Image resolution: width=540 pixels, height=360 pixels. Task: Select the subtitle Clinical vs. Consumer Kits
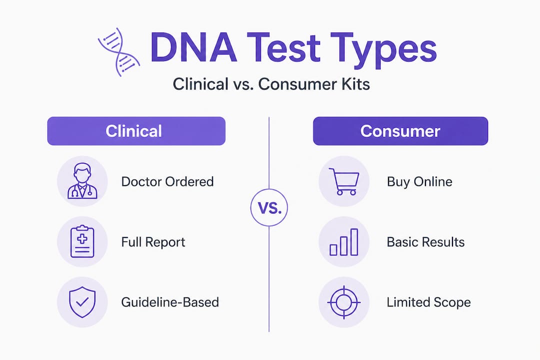[271, 84]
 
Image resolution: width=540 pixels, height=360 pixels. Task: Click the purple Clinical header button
[136, 131]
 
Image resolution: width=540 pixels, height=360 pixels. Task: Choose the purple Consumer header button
[400, 131]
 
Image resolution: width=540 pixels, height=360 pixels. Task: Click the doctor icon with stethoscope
[82, 181]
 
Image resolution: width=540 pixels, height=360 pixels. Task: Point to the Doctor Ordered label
[167, 181]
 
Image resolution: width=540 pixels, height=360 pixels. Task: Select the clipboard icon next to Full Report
[82, 242]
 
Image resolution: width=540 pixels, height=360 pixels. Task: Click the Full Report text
[153, 242]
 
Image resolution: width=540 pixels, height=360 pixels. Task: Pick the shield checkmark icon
[82, 302]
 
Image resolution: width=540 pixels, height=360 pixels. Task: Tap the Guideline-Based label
[170, 302]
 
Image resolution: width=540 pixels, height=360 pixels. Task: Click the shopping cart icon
[343, 181]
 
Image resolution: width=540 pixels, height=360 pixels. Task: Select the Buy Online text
[419, 181]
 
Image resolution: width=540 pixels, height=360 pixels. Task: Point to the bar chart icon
[343, 242]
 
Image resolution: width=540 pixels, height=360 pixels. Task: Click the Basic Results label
[425, 242]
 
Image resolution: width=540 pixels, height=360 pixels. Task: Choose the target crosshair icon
[343, 302]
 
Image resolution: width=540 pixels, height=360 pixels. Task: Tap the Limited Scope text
[428, 302]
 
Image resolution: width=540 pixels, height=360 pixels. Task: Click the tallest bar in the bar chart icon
[354, 242]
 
